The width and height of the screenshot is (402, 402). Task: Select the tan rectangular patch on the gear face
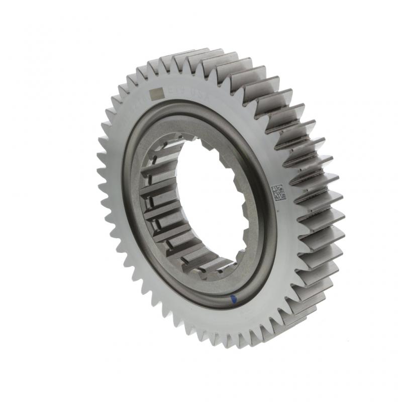click(x=157, y=93)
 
